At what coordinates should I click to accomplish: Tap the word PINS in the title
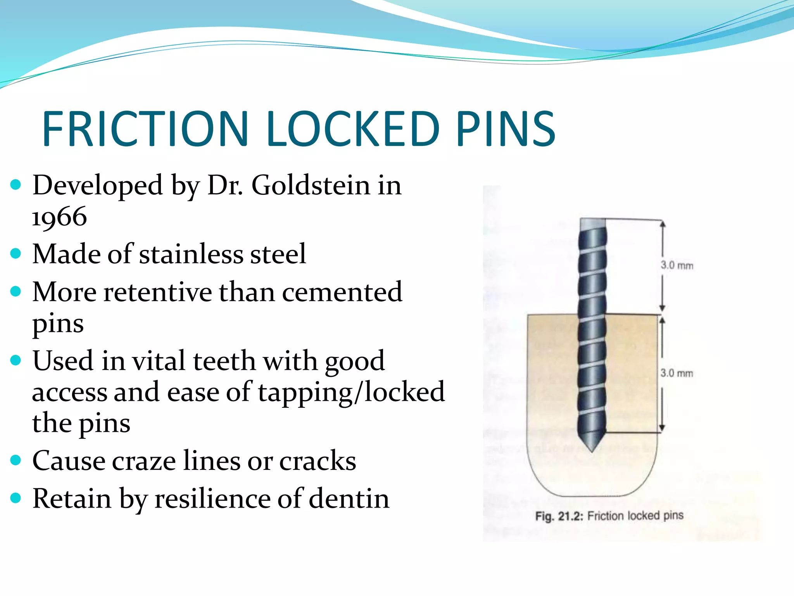tap(506, 129)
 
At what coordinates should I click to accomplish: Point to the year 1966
tap(59, 217)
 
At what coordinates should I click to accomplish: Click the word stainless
tap(191, 254)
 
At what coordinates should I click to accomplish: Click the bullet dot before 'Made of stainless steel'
tap(16, 254)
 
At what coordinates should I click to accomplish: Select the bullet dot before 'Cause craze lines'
tap(16, 461)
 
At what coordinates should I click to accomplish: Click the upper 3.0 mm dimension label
tap(677, 265)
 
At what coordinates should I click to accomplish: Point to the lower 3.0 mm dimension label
tap(677, 373)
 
